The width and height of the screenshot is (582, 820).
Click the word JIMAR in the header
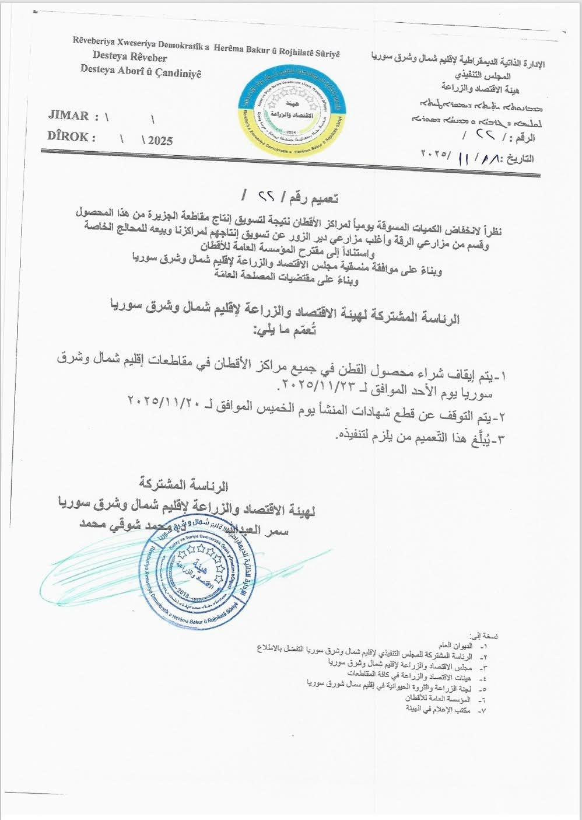[68, 116]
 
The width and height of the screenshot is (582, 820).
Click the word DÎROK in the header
[68, 138]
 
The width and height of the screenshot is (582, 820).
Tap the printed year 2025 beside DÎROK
[160, 141]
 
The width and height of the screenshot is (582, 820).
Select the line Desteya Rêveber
[129, 57]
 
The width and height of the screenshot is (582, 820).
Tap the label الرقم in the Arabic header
[523, 138]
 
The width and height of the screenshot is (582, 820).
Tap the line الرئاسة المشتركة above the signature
[184, 484]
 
